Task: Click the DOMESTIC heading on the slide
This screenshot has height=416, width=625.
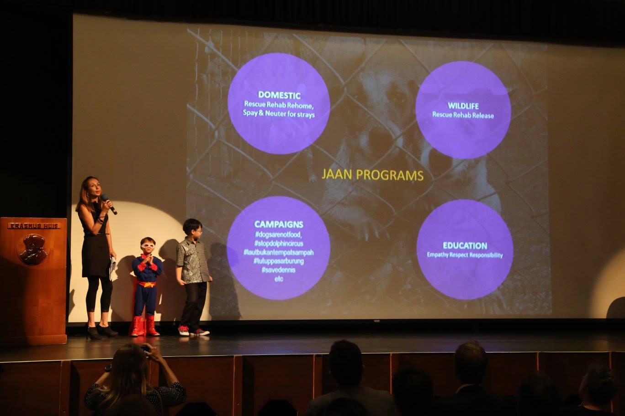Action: pyautogui.click(x=279, y=95)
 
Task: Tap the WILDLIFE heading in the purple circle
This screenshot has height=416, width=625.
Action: pyautogui.click(x=463, y=106)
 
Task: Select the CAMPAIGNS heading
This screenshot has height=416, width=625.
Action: pyautogui.click(x=279, y=224)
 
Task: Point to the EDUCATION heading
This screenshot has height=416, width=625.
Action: pyautogui.click(x=465, y=246)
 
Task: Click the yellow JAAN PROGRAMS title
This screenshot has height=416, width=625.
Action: pyautogui.click(x=372, y=175)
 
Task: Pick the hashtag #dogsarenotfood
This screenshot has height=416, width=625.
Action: pyautogui.click(x=278, y=234)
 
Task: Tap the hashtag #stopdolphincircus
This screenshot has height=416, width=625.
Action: pyautogui.click(x=278, y=244)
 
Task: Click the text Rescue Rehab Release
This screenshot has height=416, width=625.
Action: pyautogui.click(x=463, y=115)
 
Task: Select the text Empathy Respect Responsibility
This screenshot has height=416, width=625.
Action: pyautogui.click(x=465, y=255)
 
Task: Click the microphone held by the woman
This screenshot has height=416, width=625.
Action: pyautogui.click(x=109, y=204)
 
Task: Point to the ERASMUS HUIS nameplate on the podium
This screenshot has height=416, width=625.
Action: pyautogui.click(x=34, y=226)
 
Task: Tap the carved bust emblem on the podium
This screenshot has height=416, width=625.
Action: pyautogui.click(x=33, y=250)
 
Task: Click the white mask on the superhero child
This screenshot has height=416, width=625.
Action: pyautogui.click(x=148, y=245)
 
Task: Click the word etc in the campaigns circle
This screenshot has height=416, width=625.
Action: pyautogui.click(x=278, y=279)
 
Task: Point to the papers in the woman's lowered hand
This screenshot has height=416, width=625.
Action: pyautogui.click(x=112, y=268)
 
